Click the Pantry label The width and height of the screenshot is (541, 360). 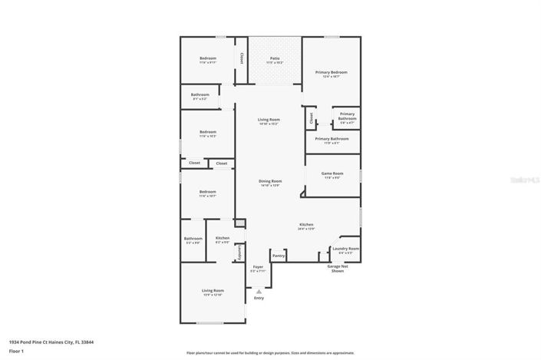(x=279, y=256)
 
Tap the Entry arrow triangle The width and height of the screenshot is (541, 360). (x=259, y=291)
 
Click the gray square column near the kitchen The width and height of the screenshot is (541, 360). (x=240, y=223)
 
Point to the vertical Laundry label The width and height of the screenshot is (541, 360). (x=239, y=252)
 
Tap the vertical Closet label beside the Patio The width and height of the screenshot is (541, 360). (x=242, y=58)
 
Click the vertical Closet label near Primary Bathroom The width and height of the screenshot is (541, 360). (x=311, y=118)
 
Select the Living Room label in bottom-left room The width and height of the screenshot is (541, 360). (x=213, y=292)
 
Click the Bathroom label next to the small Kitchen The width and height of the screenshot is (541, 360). (x=193, y=239)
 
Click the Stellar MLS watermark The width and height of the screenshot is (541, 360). (x=523, y=180)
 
